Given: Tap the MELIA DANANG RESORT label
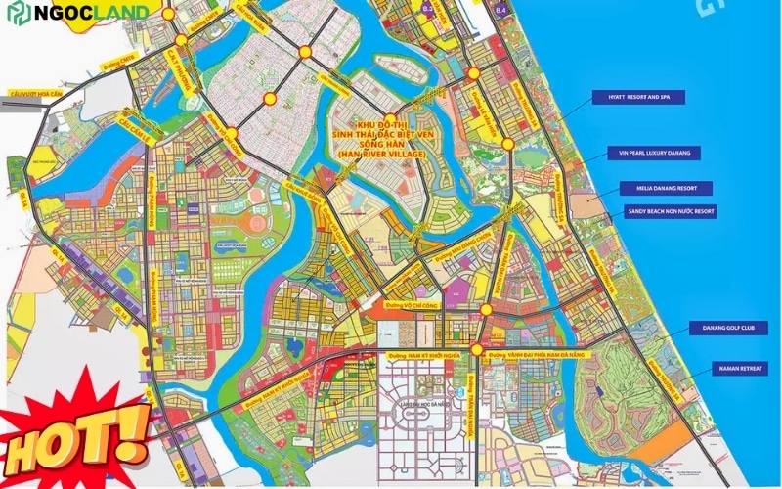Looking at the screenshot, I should [666, 187].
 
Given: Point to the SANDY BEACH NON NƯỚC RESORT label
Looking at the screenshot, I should [671, 210].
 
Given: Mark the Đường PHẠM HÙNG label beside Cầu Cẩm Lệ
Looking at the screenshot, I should [152, 201].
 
